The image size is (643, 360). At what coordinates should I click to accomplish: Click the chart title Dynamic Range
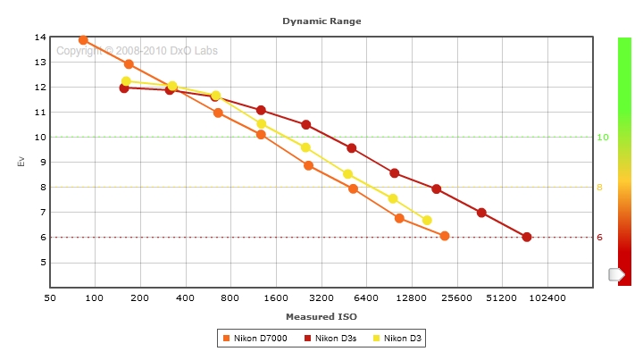[x=321, y=20]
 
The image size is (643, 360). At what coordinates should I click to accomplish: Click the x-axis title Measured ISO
[x=321, y=316]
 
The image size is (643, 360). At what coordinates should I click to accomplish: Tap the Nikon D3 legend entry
[x=397, y=338]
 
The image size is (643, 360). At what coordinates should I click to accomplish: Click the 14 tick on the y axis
[x=40, y=38]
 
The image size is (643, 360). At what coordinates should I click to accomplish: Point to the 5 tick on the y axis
[x=40, y=263]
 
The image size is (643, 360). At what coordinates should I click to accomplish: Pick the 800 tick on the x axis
[x=230, y=297]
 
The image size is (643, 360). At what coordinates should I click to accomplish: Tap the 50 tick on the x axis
[x=49, y=297]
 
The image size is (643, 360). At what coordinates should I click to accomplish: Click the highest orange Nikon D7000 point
[x=83, y=40]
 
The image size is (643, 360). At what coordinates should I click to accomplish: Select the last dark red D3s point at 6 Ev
[x=527, y=237]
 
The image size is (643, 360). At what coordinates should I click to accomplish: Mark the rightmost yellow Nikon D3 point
[x=427, y=220]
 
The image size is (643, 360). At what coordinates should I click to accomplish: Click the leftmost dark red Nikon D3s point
[x=124, y=88]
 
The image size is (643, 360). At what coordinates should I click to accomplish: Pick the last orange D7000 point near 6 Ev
[x=445, y=236]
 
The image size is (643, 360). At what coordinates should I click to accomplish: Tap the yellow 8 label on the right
[x=600, y=188]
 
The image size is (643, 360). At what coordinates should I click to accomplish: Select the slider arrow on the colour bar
[x=616, y=274]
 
